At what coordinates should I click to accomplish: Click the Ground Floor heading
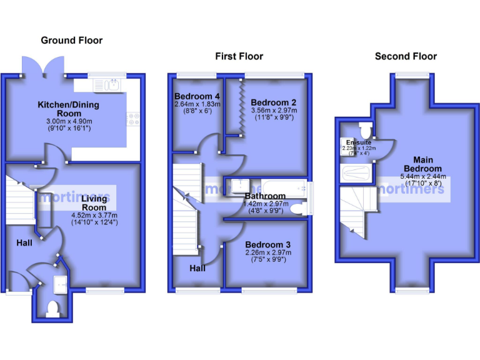click(x=71, y=41)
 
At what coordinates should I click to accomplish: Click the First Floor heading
click(x=239, y=56)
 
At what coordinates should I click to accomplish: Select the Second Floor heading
click(x=406, y=56)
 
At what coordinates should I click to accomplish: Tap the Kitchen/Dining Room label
click(x=68, y=109)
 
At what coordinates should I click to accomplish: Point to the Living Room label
click(x=94, y=202)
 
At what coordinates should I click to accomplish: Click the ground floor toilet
click(x=53, y=307)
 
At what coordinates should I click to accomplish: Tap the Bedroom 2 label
click(x=273, y=102)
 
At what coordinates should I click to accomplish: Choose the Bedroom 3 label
click(x=267, y=244)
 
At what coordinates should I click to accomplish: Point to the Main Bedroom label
click(x=427, y=164)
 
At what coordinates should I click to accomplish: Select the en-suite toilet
click(x=365, y=130)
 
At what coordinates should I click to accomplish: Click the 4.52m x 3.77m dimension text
click(x=94, y=214)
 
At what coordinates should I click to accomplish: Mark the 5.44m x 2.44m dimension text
click(x=427, y=177)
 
